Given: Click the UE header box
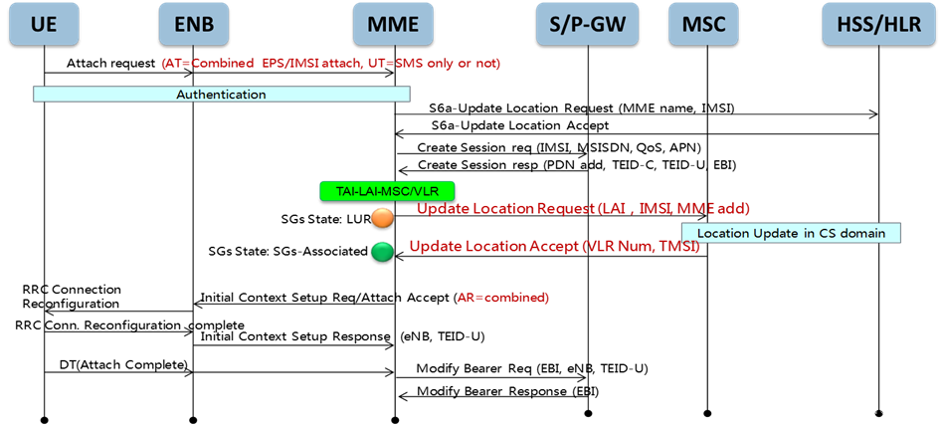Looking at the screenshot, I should click(x=44, y=24).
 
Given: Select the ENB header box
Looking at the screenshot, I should click(x=193, y=24).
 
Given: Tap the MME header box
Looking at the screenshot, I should click(x=393, y=24).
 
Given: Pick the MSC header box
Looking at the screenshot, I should click(x=703, y=24).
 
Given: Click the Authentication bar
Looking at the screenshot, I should click(x=221, y=95).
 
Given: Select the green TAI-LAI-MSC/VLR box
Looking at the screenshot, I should click(x=387, y=190).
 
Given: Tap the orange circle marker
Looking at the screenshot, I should click(x=382, y=218).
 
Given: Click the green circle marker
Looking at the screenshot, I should click(x=382, y=252).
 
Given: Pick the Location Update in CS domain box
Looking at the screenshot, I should click(x=791, y=233).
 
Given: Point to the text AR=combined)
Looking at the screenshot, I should click(x=502, y=298).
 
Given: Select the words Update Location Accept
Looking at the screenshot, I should click(x=493, y=246).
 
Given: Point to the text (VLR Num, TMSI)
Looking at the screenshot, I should click(x=641, y=246).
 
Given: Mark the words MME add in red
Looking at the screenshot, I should click(x=712, y=209).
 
